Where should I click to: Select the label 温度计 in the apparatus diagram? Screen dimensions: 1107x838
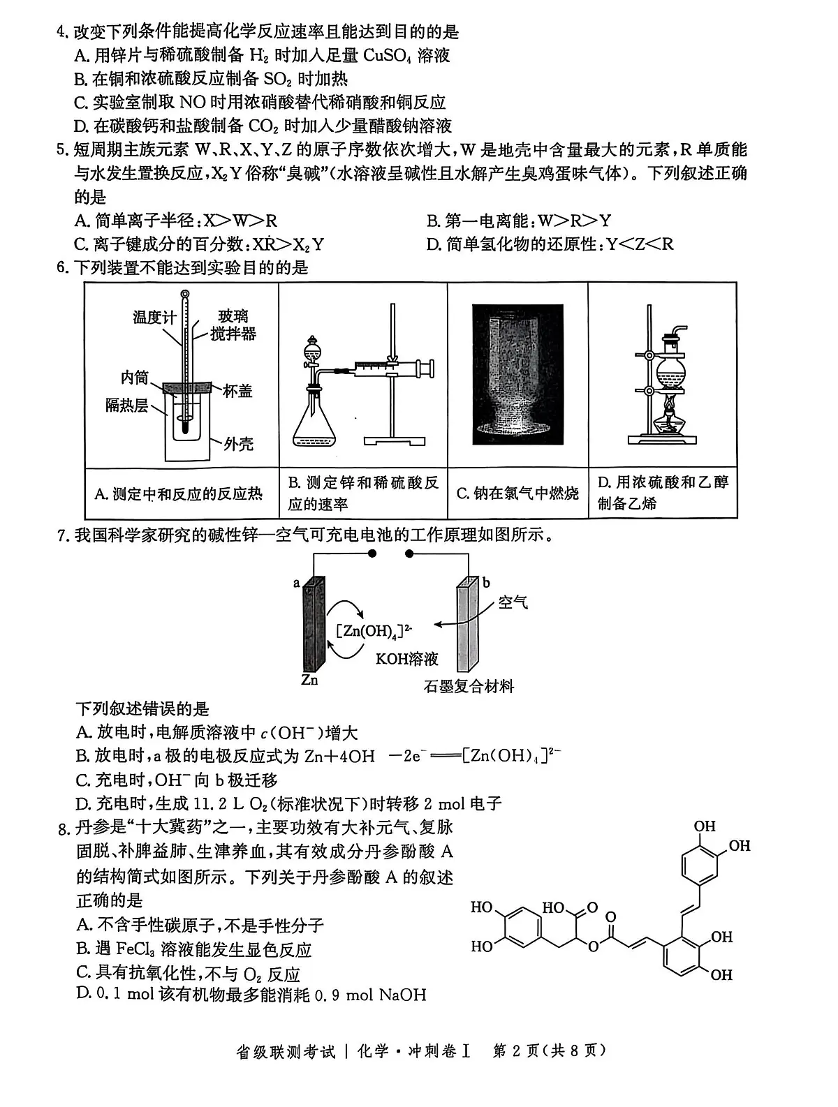pos(154,318)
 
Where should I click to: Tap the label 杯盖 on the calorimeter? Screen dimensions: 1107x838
pos(237,391)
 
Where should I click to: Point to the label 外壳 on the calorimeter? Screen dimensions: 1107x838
pos(238,443)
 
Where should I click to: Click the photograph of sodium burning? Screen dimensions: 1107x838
pos(517,374)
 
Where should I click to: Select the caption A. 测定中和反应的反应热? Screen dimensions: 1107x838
pos(179,494)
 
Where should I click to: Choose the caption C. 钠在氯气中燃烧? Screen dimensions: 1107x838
pos(517,494)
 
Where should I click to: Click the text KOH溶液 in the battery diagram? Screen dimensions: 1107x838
pos(406,658)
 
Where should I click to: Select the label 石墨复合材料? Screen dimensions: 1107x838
pos(469,686)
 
